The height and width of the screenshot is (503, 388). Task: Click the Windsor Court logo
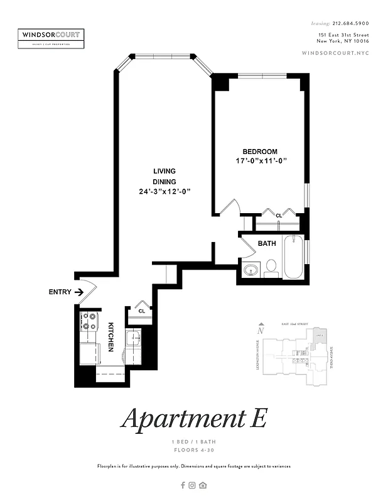(51, 37)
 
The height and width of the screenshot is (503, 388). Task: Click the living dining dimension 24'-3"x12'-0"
(165, 192)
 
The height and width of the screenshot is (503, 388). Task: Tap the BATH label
(267, 243)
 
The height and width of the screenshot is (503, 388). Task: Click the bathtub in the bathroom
(294, 257)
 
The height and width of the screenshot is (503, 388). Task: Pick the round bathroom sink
(251, 271)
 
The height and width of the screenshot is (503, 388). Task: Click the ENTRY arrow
(79, 292)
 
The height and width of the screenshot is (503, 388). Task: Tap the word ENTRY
(60, 292)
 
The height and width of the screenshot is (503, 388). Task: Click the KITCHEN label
(110, 337)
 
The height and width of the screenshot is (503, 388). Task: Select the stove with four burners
(89, 323)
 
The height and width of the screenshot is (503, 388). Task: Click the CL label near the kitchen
(142, 311)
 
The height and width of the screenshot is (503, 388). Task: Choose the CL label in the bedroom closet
(279, 216)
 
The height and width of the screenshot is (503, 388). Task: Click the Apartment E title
(194, 418)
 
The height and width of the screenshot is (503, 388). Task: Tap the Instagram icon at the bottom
(193, 485)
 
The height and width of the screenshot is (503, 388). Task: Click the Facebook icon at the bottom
(183, 485)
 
